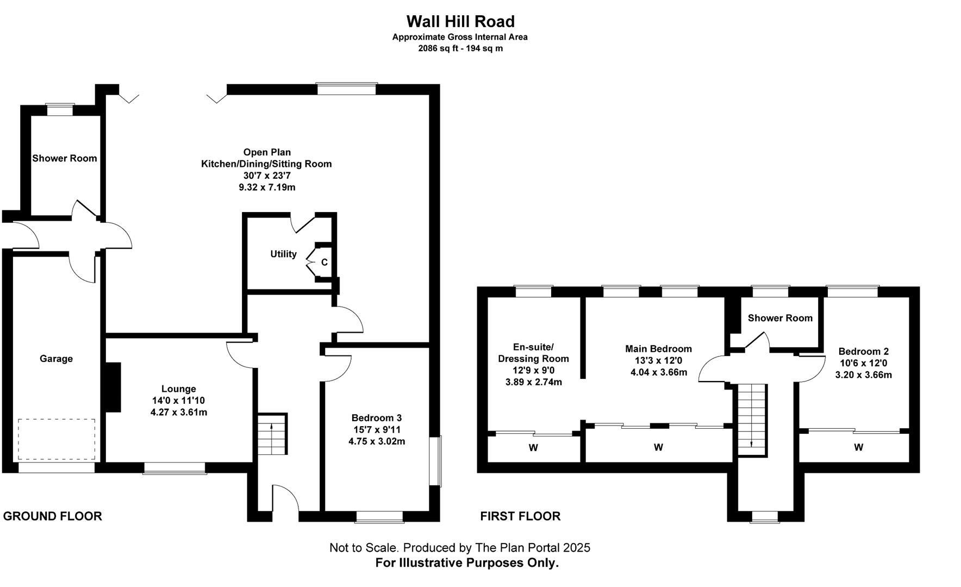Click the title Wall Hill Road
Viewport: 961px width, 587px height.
(x=460, y=21)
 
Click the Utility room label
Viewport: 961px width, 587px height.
(x=284, y=254)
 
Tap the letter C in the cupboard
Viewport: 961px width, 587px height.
(x=325, y=262)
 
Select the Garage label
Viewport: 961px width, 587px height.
(x=56, y=359)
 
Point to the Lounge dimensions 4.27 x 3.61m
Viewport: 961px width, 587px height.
(x=179, y=412)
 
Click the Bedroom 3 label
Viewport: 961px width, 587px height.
(x=377, y=418)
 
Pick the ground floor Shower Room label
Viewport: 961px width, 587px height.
(x=65, y=158)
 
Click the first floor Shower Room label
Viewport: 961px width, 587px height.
(x=780, y=318)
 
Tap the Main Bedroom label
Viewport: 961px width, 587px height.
(x=659, y=349)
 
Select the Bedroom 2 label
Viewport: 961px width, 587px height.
(x=864, y=352)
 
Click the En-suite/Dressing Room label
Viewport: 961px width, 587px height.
(x=534, y=353)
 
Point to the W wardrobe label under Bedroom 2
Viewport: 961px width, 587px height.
(x=859, y=447)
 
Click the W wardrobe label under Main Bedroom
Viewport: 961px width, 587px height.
(x=658, y=447)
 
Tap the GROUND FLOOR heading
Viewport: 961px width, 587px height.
(x=53, y=516)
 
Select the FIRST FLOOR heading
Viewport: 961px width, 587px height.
(x=520, y=516)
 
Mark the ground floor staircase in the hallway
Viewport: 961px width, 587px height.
(x=272, y=434)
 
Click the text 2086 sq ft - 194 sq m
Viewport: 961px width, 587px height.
(x=460, y=48)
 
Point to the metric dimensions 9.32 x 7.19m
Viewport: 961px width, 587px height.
(x=267, y=188)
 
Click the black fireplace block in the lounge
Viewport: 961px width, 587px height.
(x=113, y=387)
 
